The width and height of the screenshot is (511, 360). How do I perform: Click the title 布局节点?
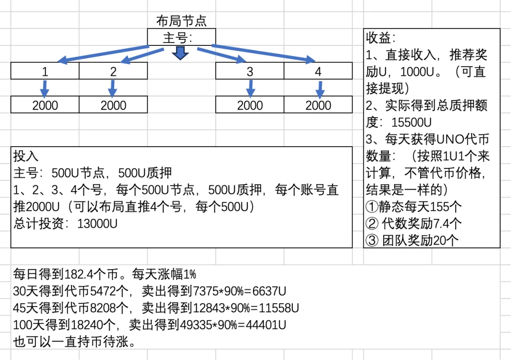tap(181, 21)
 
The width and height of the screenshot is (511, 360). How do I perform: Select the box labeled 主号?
tap(181, 37)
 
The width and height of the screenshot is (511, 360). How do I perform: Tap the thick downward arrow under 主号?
tap(181, 53)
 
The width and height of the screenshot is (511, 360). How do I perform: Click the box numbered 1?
tap(45, 71)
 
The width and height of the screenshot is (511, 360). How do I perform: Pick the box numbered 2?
tap(113, 71)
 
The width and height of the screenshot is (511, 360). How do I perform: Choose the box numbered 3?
tap(250, 71)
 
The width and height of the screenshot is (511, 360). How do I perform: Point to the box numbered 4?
tap(318, 71)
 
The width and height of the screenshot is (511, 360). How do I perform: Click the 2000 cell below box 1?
tap(45, 105)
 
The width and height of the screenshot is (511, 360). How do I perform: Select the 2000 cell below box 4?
tap(318, 105)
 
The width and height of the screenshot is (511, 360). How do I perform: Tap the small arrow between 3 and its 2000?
tap(250, 88)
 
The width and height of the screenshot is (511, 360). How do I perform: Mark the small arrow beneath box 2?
tap(113, 88)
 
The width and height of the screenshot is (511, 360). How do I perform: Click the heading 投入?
tap(26, 157)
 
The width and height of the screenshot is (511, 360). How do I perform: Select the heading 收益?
tap(380, 37)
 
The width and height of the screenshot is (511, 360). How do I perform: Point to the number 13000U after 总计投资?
tap(97, 224)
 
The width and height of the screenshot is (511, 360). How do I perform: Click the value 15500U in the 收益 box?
tap(412, 122)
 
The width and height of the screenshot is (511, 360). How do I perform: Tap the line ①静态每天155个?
tap(414, 207)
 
